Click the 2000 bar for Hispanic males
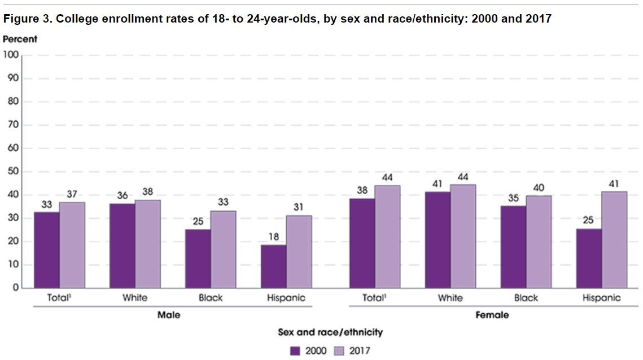tap(273, 266)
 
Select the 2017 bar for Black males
tap(223, 249)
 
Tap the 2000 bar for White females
tap(438, 240)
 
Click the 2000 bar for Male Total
tap(47, 249)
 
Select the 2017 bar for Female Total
tap(387, 236)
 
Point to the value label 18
tap(273, 237)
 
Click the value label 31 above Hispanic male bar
tap(299, 208)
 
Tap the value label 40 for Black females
tap(538, 188)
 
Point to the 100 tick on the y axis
tap(12, 55)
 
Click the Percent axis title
tap(20, 39)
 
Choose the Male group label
tap(168, 315)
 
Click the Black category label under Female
tap(526, 298)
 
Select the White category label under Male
tap(134, 298)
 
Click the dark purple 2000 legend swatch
tap(295, 350)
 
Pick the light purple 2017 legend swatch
tap(339, 350)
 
